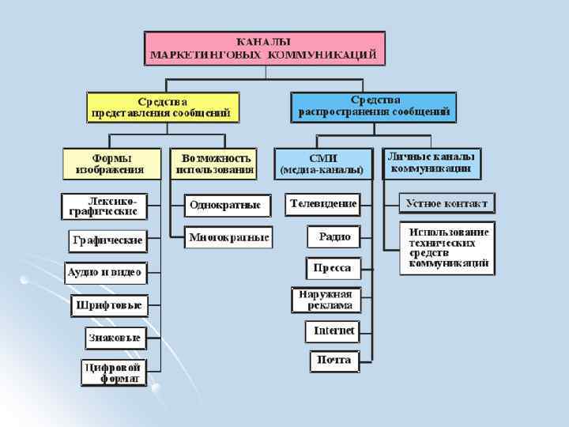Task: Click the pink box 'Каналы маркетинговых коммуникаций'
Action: coord(265,48)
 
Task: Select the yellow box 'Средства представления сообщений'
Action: coord(163,107)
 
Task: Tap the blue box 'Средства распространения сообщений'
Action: coord(375,107)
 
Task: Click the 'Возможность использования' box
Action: coord(215,163)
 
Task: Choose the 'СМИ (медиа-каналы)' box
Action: coord(323,164)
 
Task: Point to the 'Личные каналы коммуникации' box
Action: coord(431,163)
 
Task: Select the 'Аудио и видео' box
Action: coord(105,273)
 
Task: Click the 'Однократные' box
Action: coord(225,205)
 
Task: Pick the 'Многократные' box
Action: coord(228,237)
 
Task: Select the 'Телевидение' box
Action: coord(323,204)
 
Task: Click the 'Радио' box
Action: coord(334,236)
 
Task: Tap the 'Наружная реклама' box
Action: coord(326,300)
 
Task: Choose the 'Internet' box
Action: coord(333,331)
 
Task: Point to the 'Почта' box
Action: coord(333,361)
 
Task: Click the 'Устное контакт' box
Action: coord(447,204)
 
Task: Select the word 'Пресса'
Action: coord(333,268)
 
